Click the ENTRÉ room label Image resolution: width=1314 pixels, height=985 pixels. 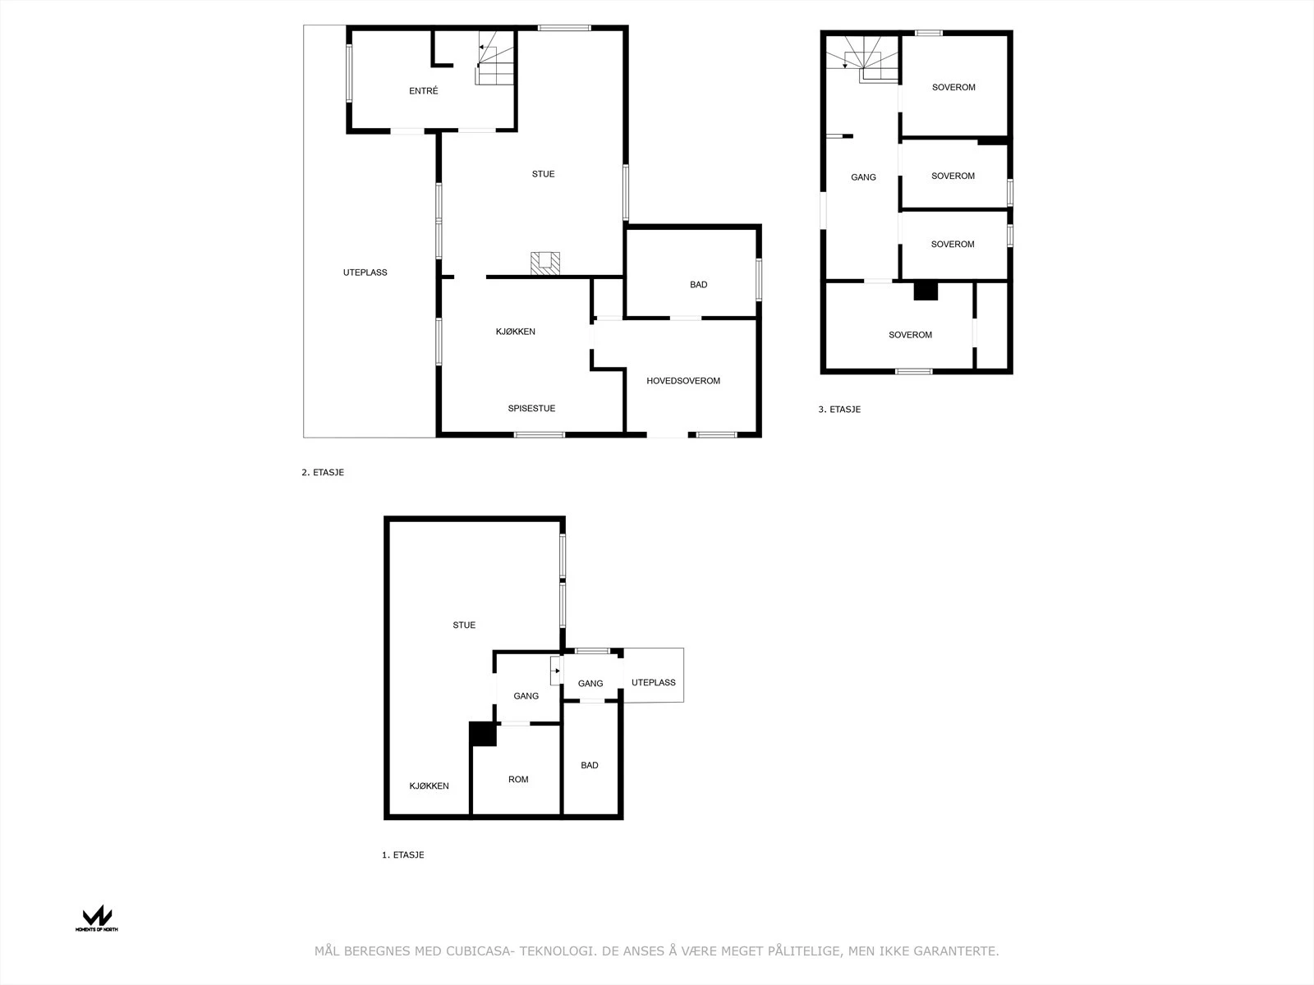click(423, 91)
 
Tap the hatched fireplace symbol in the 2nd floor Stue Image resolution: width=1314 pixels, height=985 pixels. click(544, 263)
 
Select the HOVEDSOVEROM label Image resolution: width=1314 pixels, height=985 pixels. click(682, 381)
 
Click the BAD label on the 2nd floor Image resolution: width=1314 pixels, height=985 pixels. click(698, 285)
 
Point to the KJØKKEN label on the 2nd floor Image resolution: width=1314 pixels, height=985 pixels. click(515, 332)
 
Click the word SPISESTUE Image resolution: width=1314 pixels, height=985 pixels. click(531, 409)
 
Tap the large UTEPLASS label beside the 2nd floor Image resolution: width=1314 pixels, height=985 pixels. click(365, 273)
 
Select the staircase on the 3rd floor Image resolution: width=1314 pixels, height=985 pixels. click(864, 59)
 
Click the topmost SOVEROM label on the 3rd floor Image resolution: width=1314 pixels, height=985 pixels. click(953, 87)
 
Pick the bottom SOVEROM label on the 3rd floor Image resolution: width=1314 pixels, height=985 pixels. click(910, 335)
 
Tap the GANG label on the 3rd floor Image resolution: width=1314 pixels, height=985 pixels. click(863, 177)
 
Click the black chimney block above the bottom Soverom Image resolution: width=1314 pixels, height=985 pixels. click(926, 291)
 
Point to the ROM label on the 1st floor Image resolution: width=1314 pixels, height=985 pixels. click(518, 780)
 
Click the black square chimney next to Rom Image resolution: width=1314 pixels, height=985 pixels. click(483, 734)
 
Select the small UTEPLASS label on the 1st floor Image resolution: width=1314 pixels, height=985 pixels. click(653, 683)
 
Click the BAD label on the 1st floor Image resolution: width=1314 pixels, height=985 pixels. click(590, 766)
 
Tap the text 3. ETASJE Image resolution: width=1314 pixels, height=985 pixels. click(839, 410)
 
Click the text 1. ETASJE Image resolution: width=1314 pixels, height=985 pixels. click(402, 855)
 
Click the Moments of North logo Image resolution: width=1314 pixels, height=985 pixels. click(97, 918)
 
